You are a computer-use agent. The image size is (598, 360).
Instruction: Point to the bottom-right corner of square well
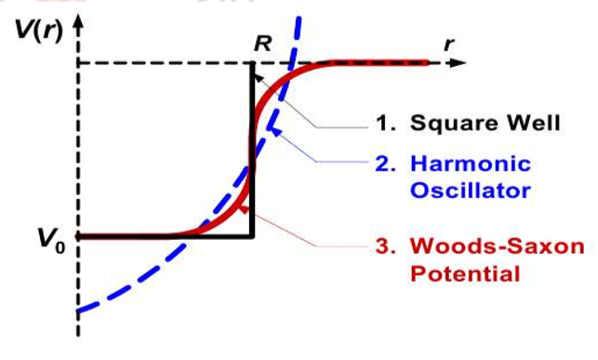point(252,236)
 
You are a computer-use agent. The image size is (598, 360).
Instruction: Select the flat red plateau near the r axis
point(381,63)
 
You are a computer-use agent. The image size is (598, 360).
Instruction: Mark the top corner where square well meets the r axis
point(252,64)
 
